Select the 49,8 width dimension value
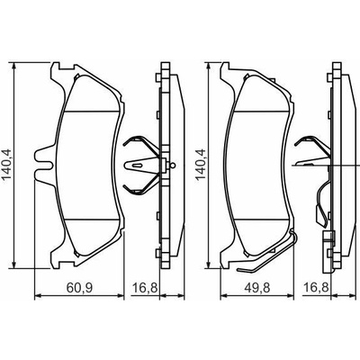[x=257, y=288]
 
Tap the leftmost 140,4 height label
[x=6, y=165]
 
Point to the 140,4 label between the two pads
[x=201, y=165]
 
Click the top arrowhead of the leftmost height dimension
[x=13, y=67]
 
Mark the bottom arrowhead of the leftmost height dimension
[x=13, y=264]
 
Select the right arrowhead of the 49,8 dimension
[x=289, y=296]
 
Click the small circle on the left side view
[x=172, y=165]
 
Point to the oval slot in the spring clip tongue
[x=138, y=165]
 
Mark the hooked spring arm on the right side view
[x=312, y=143]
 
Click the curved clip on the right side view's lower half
[x=321, y=204]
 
